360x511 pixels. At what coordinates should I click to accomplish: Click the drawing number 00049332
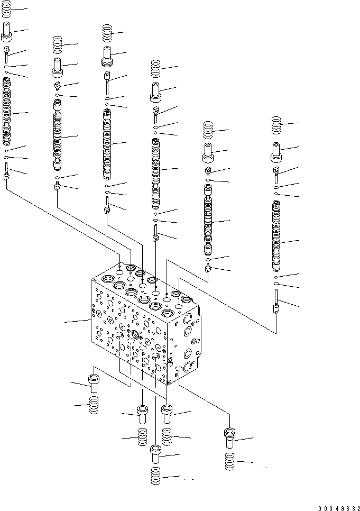tap(338, 507)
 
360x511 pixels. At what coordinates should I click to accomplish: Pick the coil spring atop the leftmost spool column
tap(6, 9)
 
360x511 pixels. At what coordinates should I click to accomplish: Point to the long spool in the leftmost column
tap(6, 111)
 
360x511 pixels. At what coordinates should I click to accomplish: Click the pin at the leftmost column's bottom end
tap(6, 172)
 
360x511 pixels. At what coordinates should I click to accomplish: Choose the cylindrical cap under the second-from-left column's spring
tap(57, 67)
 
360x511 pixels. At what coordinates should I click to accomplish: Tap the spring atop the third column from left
tap(107, 34)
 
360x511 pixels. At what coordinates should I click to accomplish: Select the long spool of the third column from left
tap(108, 143)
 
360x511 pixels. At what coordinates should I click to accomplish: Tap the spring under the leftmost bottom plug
tap(94, 406)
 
